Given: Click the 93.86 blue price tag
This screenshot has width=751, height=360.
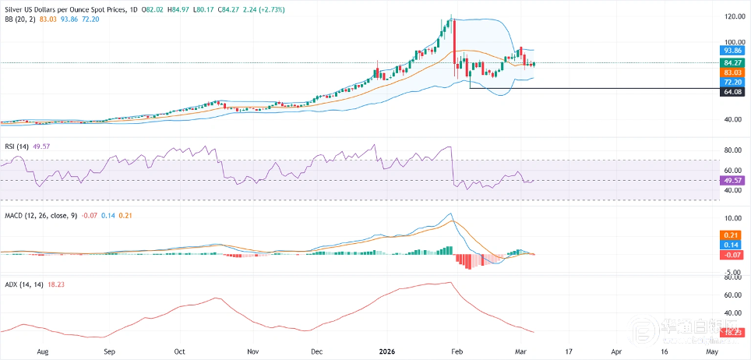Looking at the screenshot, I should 731,49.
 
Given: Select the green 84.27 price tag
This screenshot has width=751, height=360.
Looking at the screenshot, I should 731,62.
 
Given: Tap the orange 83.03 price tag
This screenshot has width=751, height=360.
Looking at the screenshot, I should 731,72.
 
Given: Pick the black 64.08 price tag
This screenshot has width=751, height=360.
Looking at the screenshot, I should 731,91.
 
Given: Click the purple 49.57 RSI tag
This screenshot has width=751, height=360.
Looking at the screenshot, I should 731,180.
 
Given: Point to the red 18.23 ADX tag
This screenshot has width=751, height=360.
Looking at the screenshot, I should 731,332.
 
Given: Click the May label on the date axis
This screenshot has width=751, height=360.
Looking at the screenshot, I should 710,352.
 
